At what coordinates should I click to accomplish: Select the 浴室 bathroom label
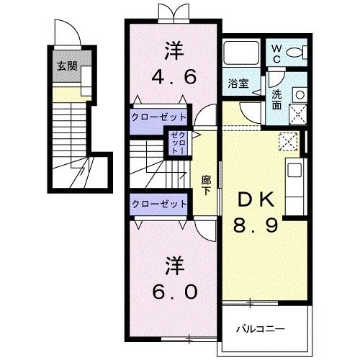[238, 84]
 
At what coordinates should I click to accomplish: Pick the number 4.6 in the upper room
[173, 76]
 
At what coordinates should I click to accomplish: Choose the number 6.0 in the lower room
[173, 292]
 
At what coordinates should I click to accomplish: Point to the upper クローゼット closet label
[159, 117]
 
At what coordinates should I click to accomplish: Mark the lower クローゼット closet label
[159, 204]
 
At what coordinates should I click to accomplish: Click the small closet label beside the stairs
[177, 143]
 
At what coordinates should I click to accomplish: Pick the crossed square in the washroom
[296, 114]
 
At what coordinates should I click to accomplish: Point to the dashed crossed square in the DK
[288, 141]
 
